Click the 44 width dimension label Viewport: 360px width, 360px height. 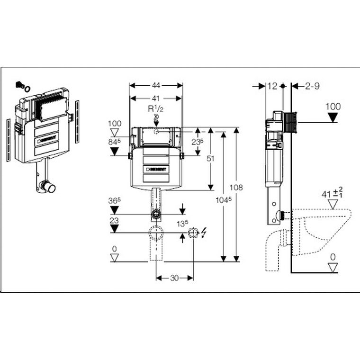tap(156, 86)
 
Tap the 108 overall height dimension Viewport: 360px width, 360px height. tap(237, 188)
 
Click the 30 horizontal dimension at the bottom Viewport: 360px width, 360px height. tap(174, 278)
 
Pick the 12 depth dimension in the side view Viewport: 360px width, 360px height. tap(272, 86)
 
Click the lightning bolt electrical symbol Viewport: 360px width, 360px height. tap(204, 233)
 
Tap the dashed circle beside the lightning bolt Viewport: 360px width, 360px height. tap(193, 233)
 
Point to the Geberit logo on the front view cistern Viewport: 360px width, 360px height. tap(156, 168)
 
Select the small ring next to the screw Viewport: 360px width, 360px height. tap(28, 88)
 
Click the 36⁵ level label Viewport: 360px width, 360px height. tap(114, 200)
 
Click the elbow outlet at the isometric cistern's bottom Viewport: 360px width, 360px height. tap(49, 188)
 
